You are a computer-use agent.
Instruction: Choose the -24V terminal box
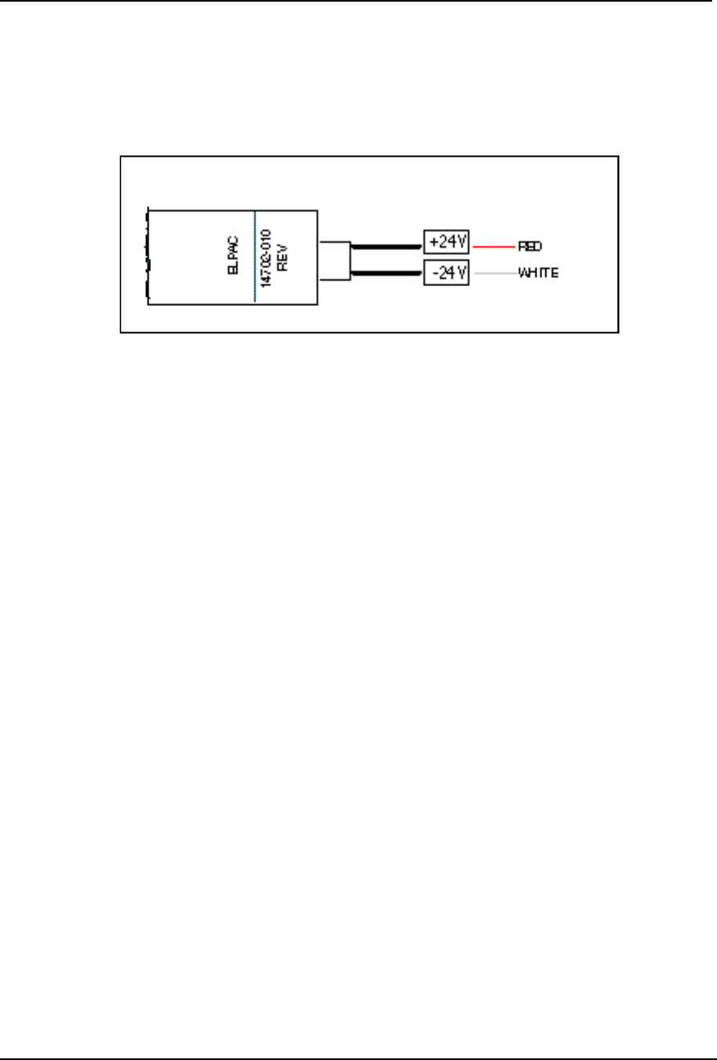(445, 272)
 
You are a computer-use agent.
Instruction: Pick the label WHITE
(538, 273)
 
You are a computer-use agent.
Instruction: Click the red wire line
(492, 245)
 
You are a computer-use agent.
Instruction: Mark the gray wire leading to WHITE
(492, 273)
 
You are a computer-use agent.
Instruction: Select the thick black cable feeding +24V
(386, 244)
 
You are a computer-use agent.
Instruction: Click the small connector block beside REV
(335, 260)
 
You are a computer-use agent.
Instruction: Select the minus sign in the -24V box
(433, 272)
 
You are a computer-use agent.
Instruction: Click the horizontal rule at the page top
(358, 2)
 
